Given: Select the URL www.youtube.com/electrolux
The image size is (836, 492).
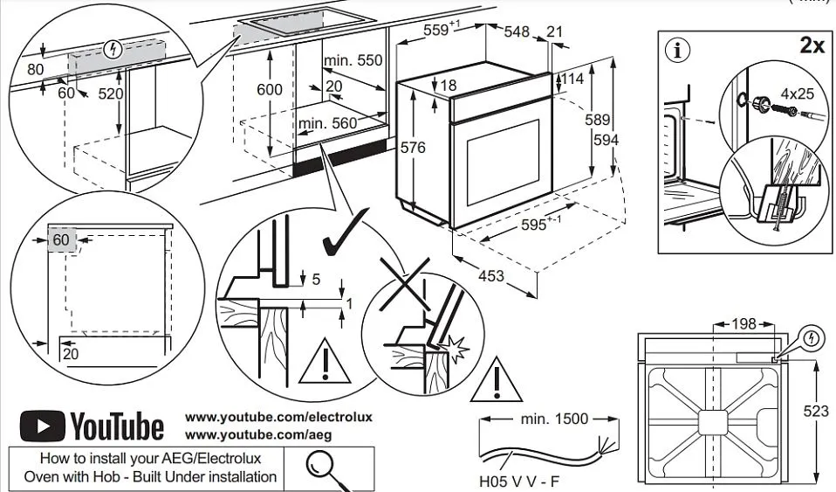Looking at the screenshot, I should click(x=278, y=417).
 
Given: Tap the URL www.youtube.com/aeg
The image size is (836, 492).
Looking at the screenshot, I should click(x=258, y=434).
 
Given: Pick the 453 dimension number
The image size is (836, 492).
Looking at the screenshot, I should click(x=491, y=276).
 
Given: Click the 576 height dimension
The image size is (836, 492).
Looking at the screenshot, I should click(x=412, y=148).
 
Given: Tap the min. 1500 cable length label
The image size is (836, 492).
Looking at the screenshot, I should click(x=554, y=419).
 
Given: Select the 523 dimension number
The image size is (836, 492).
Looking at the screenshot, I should click(x=817, y=410).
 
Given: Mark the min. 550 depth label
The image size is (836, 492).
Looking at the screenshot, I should click(x=353, y=60).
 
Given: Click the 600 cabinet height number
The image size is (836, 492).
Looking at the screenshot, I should click(x=270, y=89).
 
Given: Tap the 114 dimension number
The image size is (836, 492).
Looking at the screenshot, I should click(x=572, y=79).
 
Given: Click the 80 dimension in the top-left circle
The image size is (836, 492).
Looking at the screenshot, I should click(x=35, y=70).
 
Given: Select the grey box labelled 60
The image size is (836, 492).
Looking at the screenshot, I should click(x=60, y=239).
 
